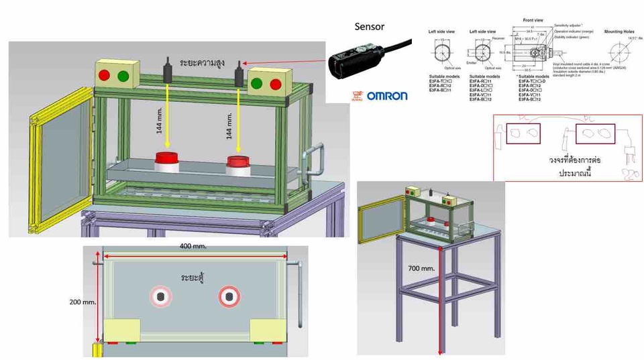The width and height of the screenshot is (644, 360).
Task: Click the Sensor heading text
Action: (369, 27)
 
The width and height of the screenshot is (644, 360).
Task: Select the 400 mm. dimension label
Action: (193, 246)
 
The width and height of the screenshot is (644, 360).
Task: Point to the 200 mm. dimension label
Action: (83, 302)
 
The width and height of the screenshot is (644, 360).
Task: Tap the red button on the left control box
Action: (105, 76)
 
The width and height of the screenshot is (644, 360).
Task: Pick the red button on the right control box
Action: (276, 84)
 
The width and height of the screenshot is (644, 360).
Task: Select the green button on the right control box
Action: (258, 84)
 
